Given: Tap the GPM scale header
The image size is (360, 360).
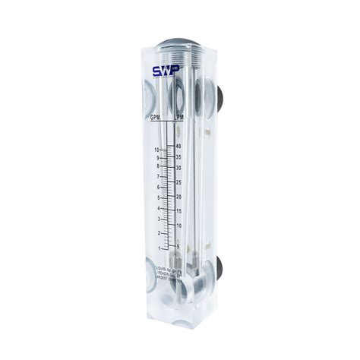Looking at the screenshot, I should tap(155, 117).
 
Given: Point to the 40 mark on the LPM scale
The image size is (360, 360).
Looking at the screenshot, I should tap(178, 146).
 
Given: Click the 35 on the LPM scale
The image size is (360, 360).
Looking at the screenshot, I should tap(178, 157).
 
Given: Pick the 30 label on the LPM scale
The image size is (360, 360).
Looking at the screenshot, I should tap(178, 168).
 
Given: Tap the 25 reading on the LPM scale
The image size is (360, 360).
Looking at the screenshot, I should tap(178, 182).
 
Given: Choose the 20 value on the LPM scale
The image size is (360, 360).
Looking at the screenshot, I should tap(178, 197).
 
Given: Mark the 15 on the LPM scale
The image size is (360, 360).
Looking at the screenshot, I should tap(178, 211).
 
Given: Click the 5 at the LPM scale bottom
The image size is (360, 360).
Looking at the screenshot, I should tap(178, 245).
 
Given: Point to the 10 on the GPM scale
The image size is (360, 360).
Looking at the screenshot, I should tap(156, 150).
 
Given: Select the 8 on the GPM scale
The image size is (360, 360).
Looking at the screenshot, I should tap(157, 166).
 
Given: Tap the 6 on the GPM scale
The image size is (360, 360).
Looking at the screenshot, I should tap(157, 187).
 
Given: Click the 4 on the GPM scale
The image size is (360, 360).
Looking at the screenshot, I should tap(157, 208).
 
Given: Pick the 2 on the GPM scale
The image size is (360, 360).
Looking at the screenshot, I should tap(157, 233).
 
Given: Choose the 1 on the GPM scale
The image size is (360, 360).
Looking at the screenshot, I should tap(157, 248).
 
